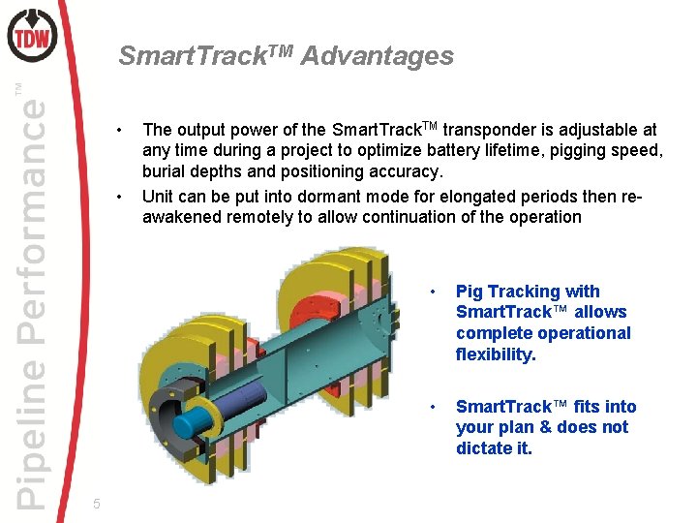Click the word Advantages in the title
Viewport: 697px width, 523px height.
point(378,56)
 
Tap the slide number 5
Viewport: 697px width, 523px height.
point(96,503)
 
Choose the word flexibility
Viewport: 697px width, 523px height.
point(495,354)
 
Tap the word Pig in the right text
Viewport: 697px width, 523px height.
point(470,292)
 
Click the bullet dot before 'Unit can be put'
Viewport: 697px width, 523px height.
point(118,197)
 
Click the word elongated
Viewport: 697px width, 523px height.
point(478,197)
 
